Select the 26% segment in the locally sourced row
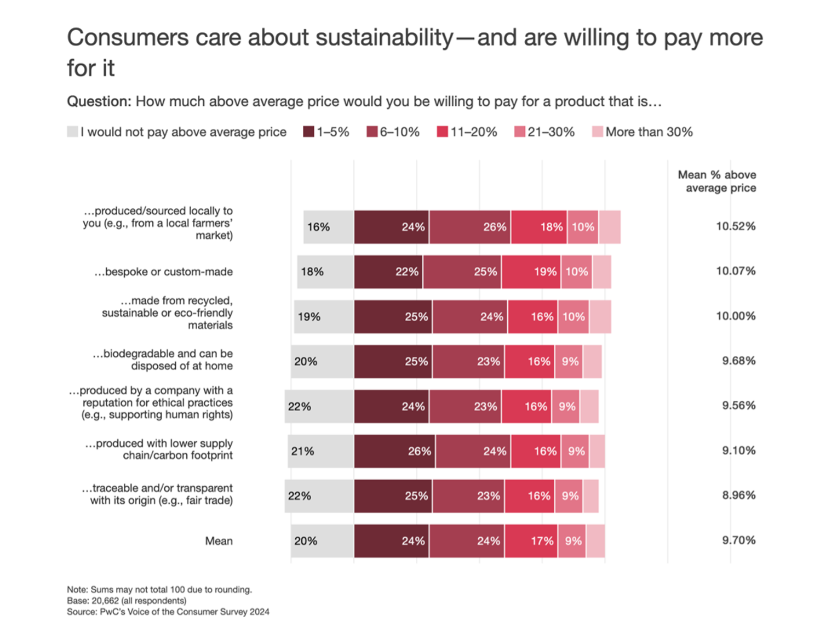click(470, 227)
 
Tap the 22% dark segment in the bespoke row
click(388, 272)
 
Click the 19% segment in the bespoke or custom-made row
click(531, 272)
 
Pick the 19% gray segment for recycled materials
click(324, 317)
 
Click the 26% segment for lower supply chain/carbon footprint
click(394, 451)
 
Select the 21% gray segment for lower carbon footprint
click(321, 451)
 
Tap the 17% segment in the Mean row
click(531, 541)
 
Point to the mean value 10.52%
click(736, 226)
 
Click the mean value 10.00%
click(736, 316)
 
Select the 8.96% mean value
click(738, 496)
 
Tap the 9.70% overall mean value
click(738, 540)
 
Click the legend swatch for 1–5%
click(308, 132)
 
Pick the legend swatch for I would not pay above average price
click(72, 132)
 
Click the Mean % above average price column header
click(717, 181)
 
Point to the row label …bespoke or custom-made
click(163, 272)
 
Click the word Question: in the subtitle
click(99, 102)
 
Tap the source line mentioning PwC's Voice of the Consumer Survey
click(168, 612)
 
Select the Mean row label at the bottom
click(219, 541)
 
